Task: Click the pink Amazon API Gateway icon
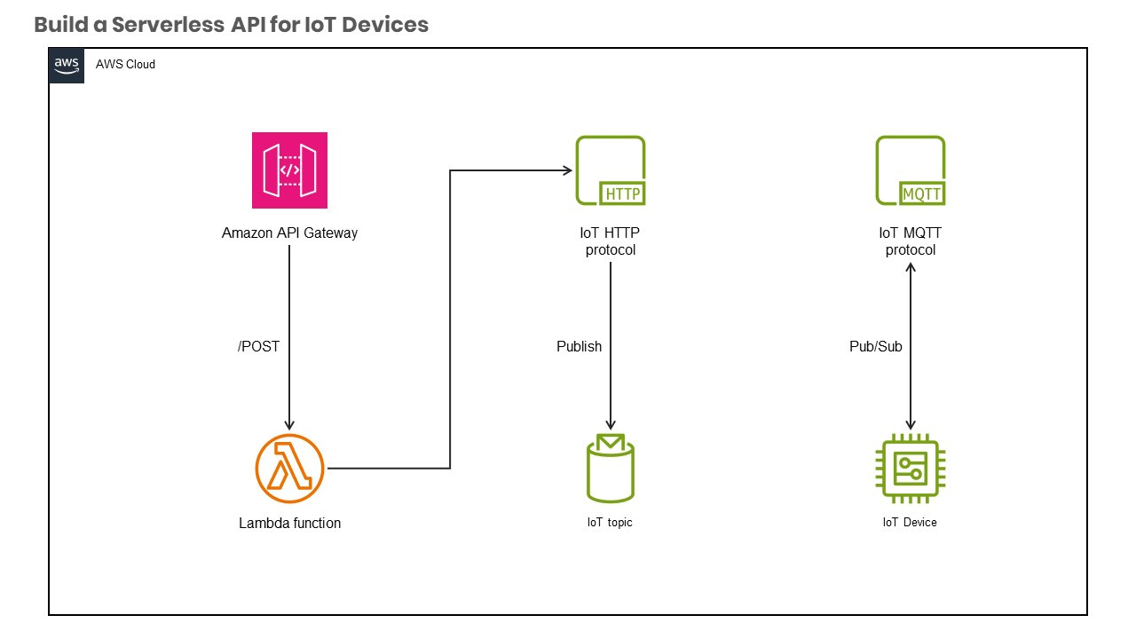pyautogui.click(x=289, y=170)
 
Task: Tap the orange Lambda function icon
pyautogui.click(x=289, y=469)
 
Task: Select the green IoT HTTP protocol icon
pyautogui.click(x=611, y=170)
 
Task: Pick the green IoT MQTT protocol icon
pyautogui.click(x=911, y=170)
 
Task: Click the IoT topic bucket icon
pyautogui.click(x=611, y=469)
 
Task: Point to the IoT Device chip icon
pyautogui.click(x=911, y=469)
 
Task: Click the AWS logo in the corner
pyautogui.click(x=67, y=65)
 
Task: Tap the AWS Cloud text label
pyautogui.click(x=125, y=65)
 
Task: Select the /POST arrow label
pyautogui.click(x=258, y=346)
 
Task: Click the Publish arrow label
pyautogui.click(x=579, y=346)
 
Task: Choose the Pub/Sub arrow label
pyautogui.click(x=875, y=346)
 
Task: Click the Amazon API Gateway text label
pyautogui.click(x=289, y=233)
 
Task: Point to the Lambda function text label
pyautogui.click(x=289, y=524)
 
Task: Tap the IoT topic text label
pyautogui.click(x=610, y=523)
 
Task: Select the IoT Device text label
pyautogui.click(x=910, y=523)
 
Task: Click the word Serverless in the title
pyautogui.click(x=166, y=25)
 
